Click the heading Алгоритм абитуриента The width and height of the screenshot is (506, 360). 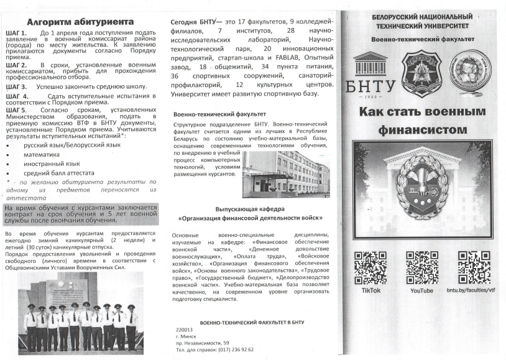coord(81,22)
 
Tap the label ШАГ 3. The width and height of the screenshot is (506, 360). coord(16,88)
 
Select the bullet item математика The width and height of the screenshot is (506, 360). coord(42,154)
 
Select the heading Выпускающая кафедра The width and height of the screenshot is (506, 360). coord(250,210)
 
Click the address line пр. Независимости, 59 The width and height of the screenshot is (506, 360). coord(203,343)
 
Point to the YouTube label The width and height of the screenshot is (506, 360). coord(421,290)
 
